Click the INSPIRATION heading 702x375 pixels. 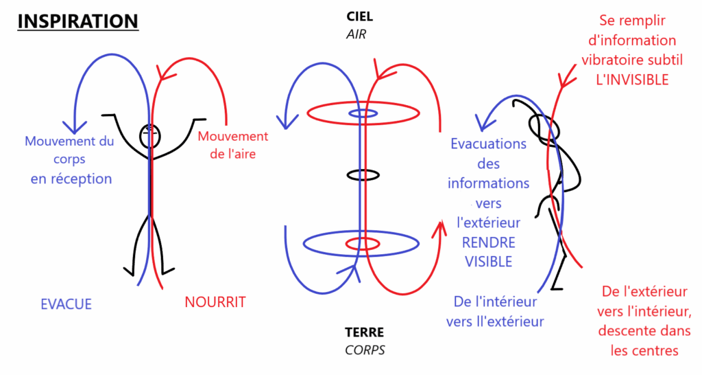(x=77, y=21)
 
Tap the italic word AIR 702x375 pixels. (x=356, y=34)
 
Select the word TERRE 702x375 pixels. (x=364, y=332)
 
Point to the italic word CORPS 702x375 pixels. (x=364, y=350)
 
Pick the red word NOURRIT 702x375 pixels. (x=215, y=302)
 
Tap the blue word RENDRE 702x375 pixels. (x=488, y=242)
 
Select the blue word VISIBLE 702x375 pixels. (x=488, y=261)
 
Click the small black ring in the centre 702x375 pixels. (x=361, y=174)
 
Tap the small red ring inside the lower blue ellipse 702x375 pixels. (x=362, y=244)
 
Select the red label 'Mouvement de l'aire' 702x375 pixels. (x=233, y=145)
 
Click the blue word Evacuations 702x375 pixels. (x=488, y=144)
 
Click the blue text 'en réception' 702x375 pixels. (x=71, y=179)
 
